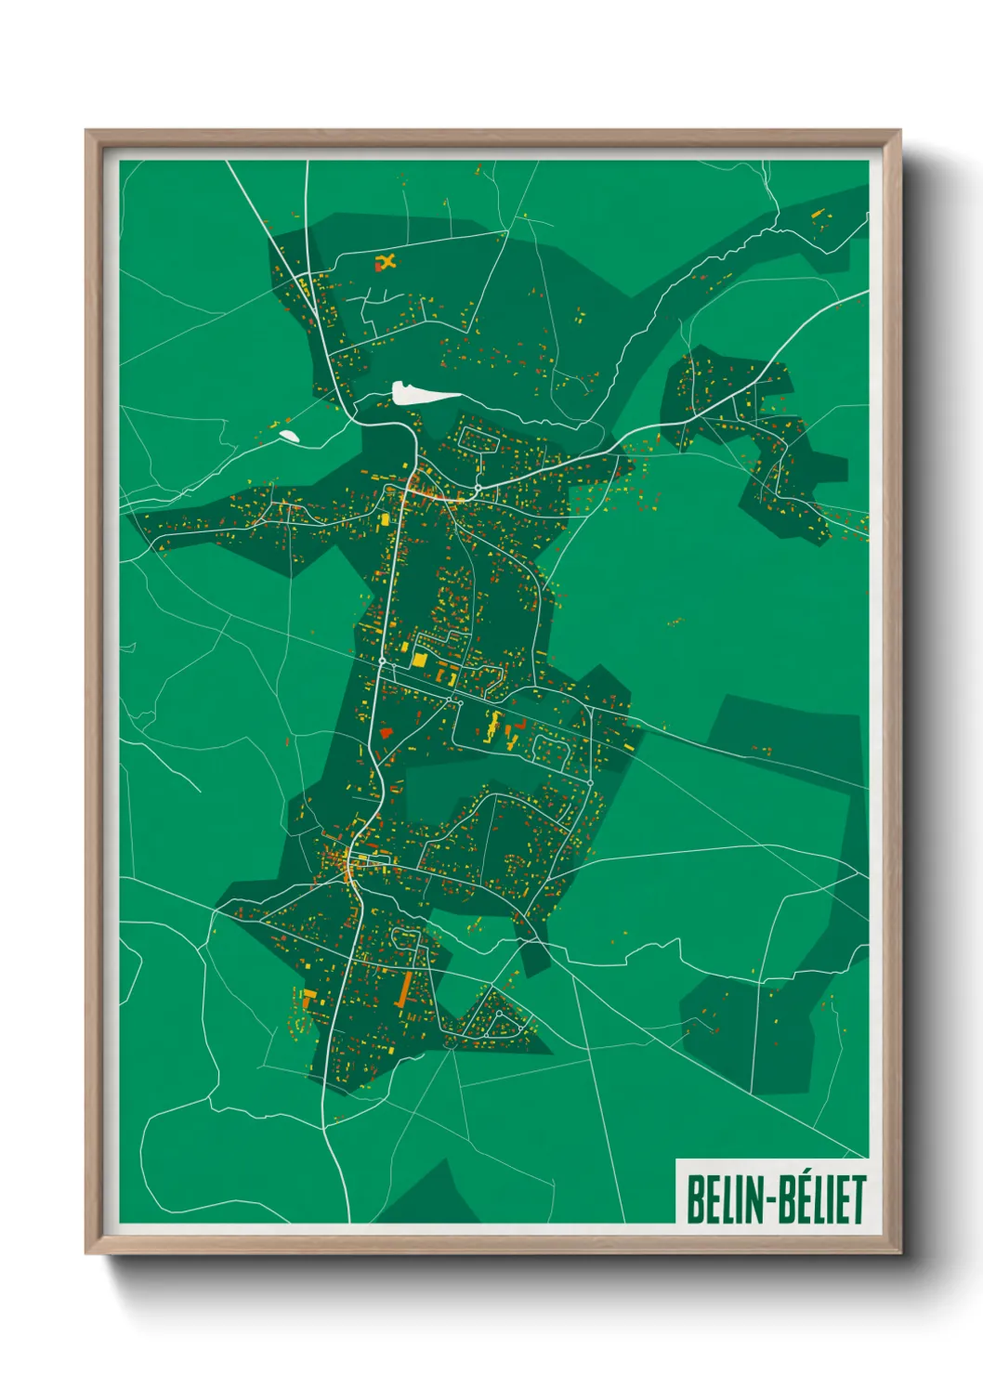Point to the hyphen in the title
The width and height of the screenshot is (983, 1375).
(x=766, y=1200)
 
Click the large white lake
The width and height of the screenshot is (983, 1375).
(x=423, y=394)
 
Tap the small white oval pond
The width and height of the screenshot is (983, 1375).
(x=289, y=434)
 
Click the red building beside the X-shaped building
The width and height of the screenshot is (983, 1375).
(x=378, y=268)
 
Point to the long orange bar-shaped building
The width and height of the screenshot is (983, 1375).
(x=404, y=989)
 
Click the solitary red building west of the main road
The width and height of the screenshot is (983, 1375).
(x=386, y=733)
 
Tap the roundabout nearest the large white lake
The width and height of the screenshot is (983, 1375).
(x=478, y=488)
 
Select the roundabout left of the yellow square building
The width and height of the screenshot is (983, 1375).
(x=382, y=661)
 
